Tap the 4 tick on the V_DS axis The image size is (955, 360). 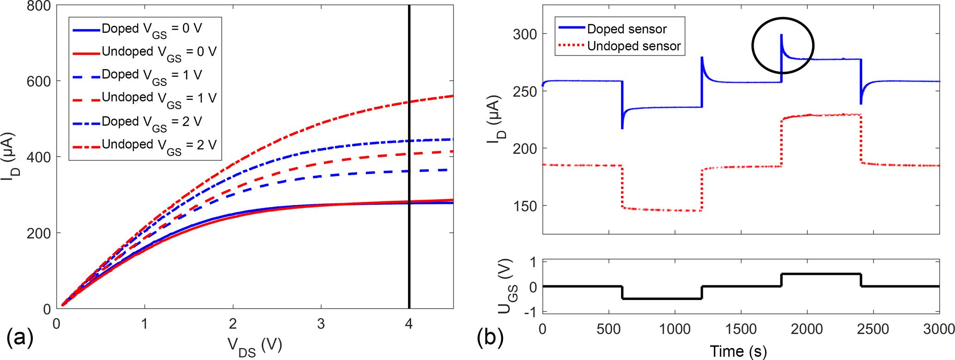coord(409,323)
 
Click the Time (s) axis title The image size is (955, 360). coord(738,351)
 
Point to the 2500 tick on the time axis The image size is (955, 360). coord(873,329)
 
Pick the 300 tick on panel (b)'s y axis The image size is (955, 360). coord(526,34)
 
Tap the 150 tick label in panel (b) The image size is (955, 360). coord(526,206)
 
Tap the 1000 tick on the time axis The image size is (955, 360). coord(675,329)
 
